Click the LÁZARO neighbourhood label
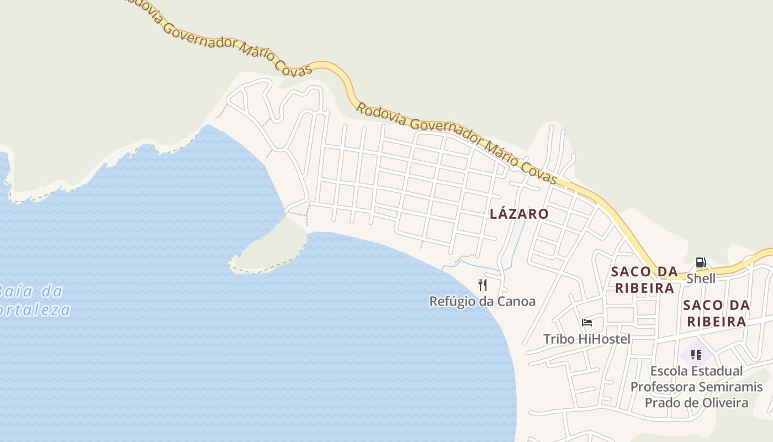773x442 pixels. pyautogui.click(x=519, y=214)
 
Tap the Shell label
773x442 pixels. pyautogui.click(x=701, y=278)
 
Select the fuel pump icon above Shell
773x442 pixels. pyautogui.click(x=701, y=262)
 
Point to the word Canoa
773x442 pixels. pyautogui.click(x=517, y=302)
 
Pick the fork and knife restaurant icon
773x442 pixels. pyautogui.click(x=483, y=285)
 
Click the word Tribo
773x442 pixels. pyautogui.click(x=558, y=339)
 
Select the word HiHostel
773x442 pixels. pyautogui.click(x=603, y=339)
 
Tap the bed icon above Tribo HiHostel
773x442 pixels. pyautogui.click(x=587, y=323)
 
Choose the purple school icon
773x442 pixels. pyautogui.click(x=696, y=354)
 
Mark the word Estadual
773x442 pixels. pyautogui.click(x=718, y=371)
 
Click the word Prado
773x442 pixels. pyautogui.click(x=663, y=403)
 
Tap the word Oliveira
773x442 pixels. pyautogui.click(x=725, y=403)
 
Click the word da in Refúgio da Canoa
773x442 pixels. pyautogui.click(x=486, y=302)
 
